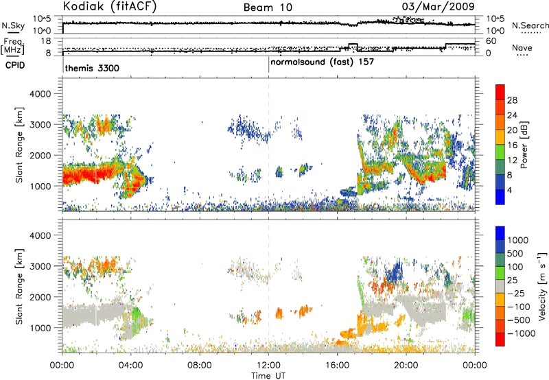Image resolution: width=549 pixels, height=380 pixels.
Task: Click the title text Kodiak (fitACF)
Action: pos(110,6)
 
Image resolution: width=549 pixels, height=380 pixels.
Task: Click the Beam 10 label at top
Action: pos(268,8)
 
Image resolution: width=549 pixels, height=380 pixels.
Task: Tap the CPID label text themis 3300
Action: pos(92,68)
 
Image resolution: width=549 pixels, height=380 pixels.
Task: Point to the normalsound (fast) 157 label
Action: pos(322,62)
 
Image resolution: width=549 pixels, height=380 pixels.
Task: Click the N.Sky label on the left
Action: pos(13,26)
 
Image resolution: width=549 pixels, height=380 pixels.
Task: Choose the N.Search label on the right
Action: pos(530,25)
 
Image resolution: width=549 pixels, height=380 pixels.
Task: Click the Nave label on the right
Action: pos(522,48)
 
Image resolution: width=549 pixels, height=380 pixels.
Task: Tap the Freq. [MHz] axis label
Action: pos(13,46)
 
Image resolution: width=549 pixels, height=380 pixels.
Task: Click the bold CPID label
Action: pos(15,65)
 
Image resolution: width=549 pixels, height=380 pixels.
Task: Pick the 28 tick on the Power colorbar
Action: pos(512,100)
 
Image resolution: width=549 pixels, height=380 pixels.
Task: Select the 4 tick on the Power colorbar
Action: pos(510,190)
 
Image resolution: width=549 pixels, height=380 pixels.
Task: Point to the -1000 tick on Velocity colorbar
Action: pos(522,333)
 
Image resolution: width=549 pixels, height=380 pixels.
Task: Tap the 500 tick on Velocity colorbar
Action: pos(515,254)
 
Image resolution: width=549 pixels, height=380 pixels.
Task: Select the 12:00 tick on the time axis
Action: pos(268,366)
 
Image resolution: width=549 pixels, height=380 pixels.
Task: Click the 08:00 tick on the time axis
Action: pos(200,366)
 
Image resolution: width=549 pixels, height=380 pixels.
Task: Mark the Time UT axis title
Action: pos(268,376)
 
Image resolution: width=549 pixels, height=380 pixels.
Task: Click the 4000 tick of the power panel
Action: pos(40,94)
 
